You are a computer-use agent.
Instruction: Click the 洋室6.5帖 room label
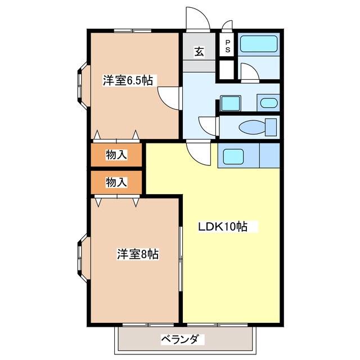coord(128,80)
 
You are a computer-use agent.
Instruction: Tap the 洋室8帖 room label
coord(138,254)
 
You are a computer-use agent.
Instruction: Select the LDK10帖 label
coord(223,227)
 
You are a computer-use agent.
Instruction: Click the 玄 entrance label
coord(199,52)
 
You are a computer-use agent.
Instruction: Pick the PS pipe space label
coord(228,46)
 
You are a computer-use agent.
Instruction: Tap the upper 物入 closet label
coord(116,155)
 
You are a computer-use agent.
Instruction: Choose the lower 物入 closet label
coord(116,182)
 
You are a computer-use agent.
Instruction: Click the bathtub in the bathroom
coord(258,46)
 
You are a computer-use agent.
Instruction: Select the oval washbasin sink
coord(268,103)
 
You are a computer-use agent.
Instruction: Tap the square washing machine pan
coord(230,103)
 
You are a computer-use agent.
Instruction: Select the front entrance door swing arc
coord(198,20)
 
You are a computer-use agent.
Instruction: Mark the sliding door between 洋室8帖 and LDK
coord(181,259)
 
